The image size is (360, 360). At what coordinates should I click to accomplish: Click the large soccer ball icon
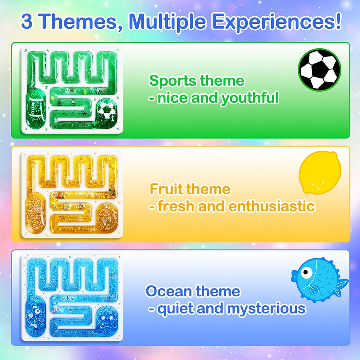click(319, 69)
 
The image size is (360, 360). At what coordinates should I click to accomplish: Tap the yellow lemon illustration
click(320, 172)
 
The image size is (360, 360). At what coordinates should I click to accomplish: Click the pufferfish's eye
click(306, 273)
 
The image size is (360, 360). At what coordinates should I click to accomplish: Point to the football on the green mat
click(35, 106)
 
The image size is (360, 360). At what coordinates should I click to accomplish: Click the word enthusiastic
click(272, 206)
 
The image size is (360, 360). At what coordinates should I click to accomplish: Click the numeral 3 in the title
click(27, 21)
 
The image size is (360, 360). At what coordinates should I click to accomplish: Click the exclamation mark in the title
click(338, 20)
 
